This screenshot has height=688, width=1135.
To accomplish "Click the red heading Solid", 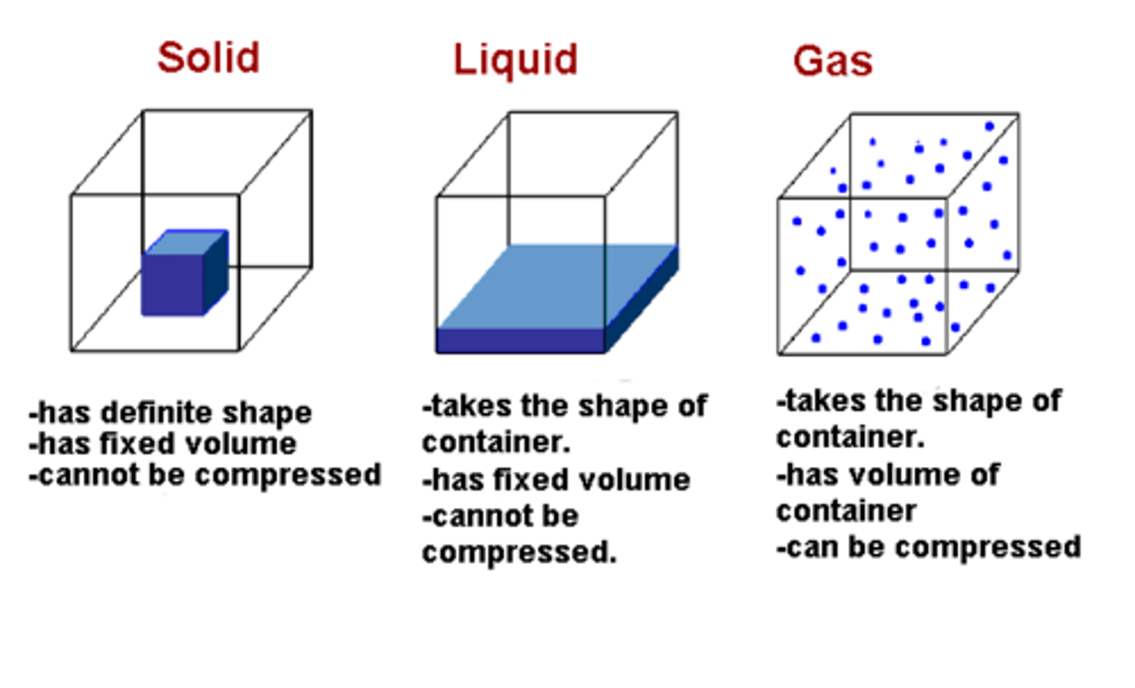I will point(208,58).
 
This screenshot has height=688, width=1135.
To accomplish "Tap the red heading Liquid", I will point(515,60).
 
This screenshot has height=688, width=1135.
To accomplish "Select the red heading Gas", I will point(833,61).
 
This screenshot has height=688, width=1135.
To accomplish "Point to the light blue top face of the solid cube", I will point(187,242).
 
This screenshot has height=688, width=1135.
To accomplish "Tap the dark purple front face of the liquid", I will point(520,341).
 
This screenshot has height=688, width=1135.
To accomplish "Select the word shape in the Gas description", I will point(971,402).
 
